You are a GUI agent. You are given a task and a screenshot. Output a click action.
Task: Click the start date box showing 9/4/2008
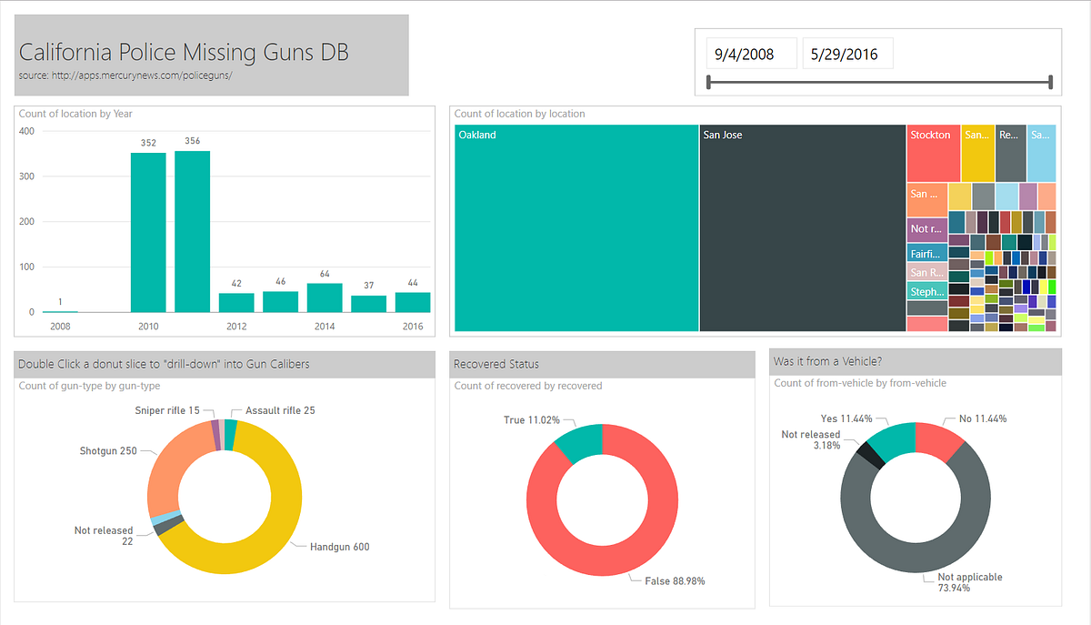pyautogui.click(x=751, y=54)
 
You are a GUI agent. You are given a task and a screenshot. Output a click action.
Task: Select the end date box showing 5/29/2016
pyautogui.click(x=846, y=54)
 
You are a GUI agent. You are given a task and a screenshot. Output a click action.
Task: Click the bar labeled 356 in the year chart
pyautogui.click(x=192, y=232)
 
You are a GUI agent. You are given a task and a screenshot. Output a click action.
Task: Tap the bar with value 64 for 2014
pyautogui.click(x=325, y=297)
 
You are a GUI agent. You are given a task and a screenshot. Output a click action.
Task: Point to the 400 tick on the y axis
pyautogui.click(x=26, y=131)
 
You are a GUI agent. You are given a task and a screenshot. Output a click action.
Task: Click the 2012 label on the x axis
pyautogui.click(x=235, y=326)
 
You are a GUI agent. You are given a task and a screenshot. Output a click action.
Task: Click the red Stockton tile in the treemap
pyautogui.click(x=933, y=153)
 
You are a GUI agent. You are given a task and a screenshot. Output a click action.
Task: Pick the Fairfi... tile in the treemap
pyautogui.click(x=926, y=254)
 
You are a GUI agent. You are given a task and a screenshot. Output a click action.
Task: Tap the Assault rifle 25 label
pyautogui.click(x=280, y=410)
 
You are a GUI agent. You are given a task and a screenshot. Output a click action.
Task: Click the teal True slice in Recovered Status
pyautogui.click(x=579, y=441)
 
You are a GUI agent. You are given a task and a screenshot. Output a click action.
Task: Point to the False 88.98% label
pyautogui.click(x=675, y=580)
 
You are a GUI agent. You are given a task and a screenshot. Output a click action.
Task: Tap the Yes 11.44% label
pyautogui.click(x=846, y=418)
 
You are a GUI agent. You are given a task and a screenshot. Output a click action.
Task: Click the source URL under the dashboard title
pyautogui.click(x=125, y=75)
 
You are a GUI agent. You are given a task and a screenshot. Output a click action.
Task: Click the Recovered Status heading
pyautogui.click(x=496, y=364)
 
